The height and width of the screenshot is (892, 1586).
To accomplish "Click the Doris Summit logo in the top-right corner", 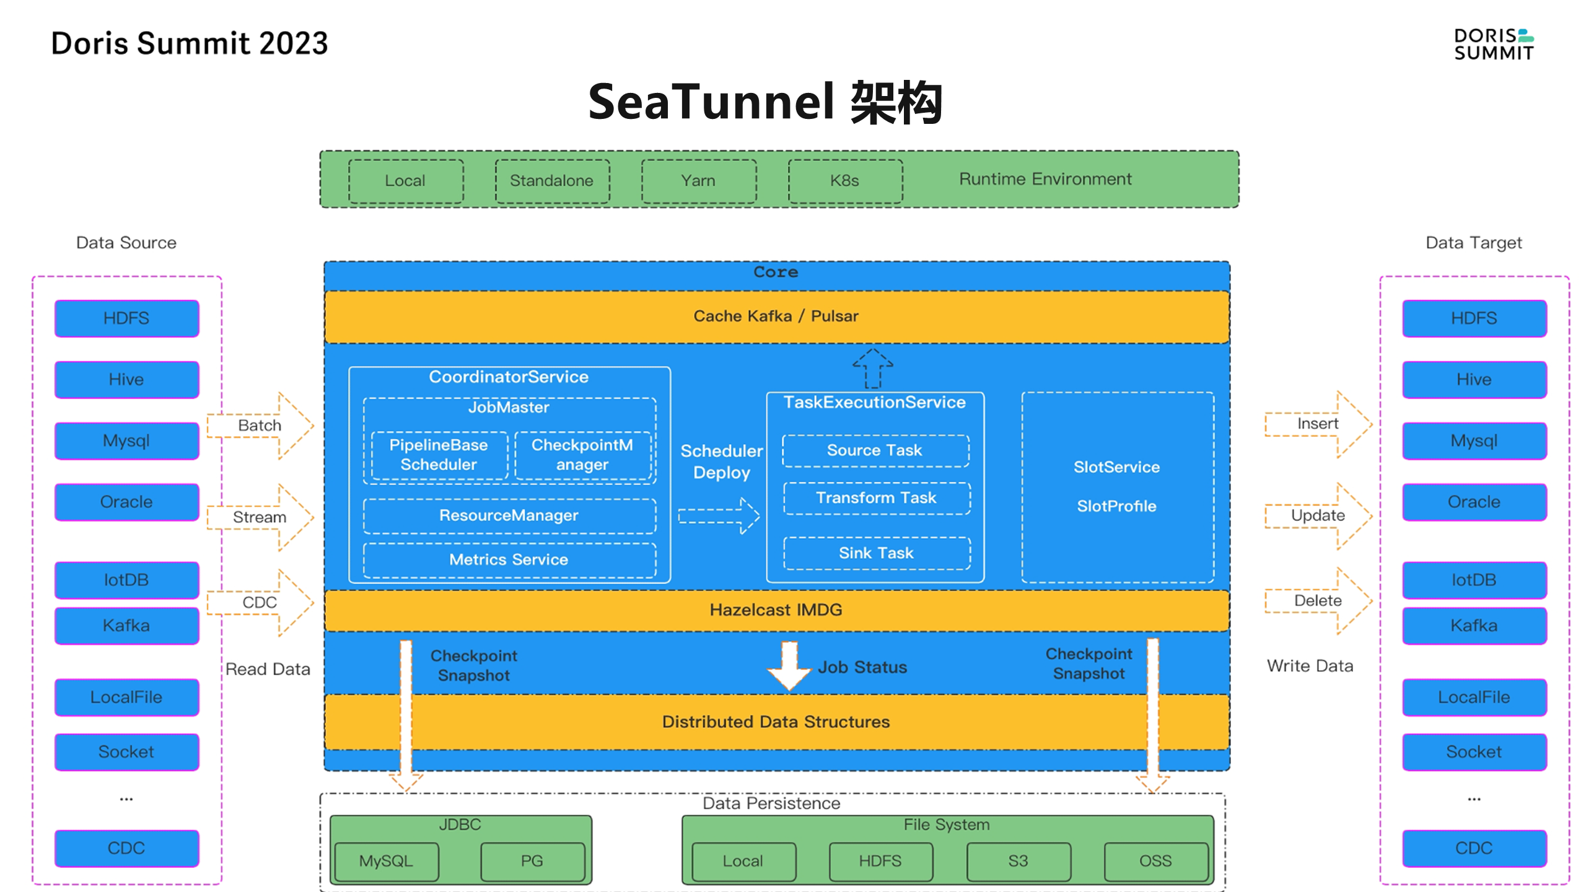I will [x=1493, y=45].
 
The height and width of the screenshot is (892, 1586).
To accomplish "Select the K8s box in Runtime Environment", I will [x=844, y=181].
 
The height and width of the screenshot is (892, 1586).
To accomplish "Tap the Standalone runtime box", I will [x=551, y=181].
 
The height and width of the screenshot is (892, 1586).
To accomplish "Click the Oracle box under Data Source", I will [x=126, y=502].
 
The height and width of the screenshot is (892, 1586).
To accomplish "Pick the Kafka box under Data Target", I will [x=1474, y=626].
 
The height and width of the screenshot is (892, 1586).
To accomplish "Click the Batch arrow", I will [x=260, y=426].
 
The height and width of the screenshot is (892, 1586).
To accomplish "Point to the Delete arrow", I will [x=1318, y=601].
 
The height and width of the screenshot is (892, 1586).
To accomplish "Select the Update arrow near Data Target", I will [x=1318, y=515].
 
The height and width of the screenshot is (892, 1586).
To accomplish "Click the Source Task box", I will [x=875, y=450].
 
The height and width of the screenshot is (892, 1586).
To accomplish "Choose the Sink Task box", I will [x=876, y=553].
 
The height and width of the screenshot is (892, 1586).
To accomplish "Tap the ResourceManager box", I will [x=509, y=515].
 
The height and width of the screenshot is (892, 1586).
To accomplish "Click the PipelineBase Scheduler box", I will [x=439, y=455].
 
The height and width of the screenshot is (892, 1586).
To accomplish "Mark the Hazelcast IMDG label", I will [x=776, y=610].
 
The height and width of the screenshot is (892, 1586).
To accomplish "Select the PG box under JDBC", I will [x=532, y=861].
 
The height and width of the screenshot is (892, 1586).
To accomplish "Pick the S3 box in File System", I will [x=1018, y=861].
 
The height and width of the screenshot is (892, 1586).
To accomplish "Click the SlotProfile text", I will [x=1116, y=506].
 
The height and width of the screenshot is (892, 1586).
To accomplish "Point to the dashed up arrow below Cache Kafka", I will [x=872, y=369].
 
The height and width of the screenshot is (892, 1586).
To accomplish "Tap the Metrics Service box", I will [x=509, y=560].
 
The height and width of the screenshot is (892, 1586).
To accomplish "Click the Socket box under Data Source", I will [x=126, y=752].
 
